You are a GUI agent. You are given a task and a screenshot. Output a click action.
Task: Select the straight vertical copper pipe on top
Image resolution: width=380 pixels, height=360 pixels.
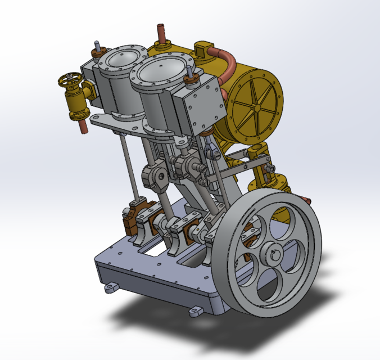click(x=161, y=34)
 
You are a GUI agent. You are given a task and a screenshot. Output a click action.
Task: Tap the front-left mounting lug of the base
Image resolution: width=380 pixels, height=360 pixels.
click(x=111, y=287)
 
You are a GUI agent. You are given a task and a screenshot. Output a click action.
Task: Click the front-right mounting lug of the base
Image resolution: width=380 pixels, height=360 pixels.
click(x=196, y=311)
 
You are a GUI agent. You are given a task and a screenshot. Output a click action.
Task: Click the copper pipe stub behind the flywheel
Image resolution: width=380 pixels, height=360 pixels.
click(x=306, y=197)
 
